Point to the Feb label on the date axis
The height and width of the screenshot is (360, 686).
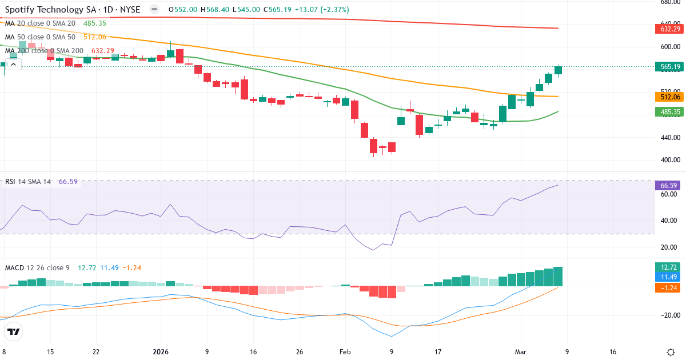tap(345, 352)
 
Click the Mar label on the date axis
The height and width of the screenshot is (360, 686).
tap(520, 352)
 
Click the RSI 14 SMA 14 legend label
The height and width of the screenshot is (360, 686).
tap(28, 182)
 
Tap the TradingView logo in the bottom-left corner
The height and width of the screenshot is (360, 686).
tap(14, 331)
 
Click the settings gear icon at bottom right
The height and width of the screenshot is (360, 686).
tap(672, 352)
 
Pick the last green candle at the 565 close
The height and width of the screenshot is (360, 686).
tap(558, 70)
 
